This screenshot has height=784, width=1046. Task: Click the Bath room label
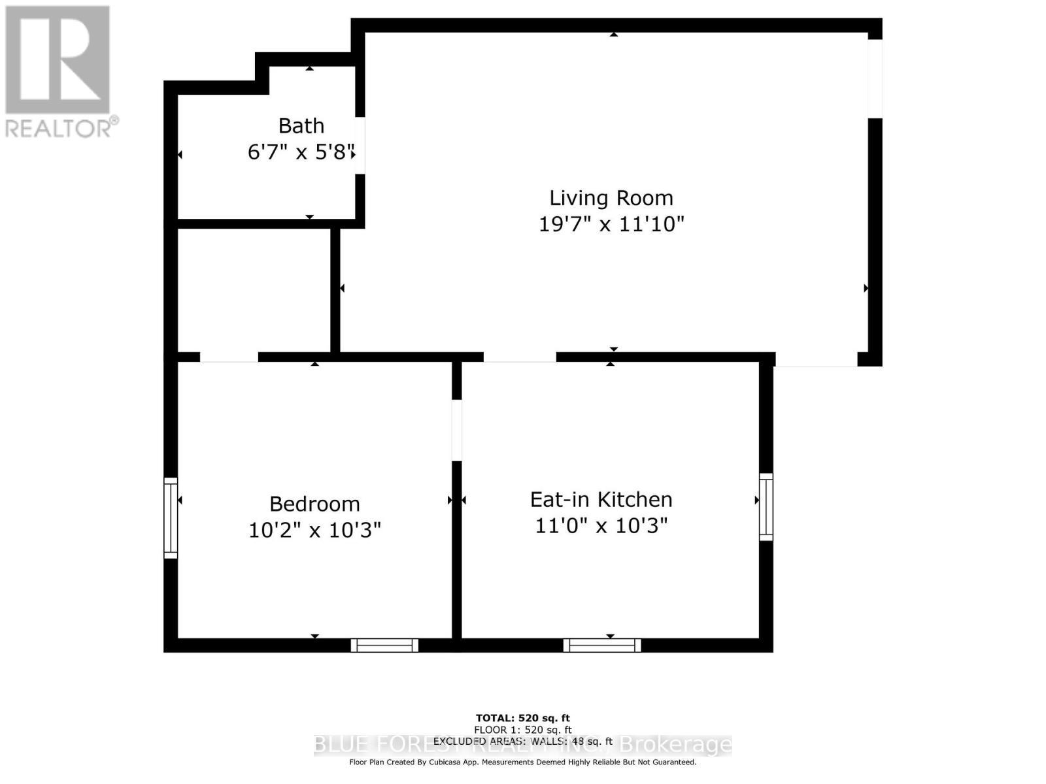click(x=301, y=125)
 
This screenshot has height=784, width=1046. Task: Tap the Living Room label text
click(x=611, y=198)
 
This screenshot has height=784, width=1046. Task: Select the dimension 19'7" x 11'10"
click(x=611, y=224)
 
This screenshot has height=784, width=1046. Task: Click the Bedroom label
click(x=314, y=504)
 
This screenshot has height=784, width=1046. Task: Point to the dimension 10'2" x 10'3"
click(x=314, y=530)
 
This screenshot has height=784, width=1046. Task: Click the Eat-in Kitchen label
click(x=601, y=500)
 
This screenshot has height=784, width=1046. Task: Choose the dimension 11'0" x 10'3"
click(x=601, y=525)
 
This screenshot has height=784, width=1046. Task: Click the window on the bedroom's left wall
click(x=171, y=518)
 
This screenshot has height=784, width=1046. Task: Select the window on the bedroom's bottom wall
click(x=384, y=645)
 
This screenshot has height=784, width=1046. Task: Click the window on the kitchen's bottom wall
click(x=602, y=645)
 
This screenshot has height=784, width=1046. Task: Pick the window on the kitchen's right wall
click(x=766, y=507)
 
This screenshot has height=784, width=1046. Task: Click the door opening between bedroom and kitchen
click(x=457, y=430)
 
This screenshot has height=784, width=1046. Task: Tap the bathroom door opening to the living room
click(x=360, y=145)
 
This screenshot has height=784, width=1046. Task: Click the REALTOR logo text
click(x=62, y=127)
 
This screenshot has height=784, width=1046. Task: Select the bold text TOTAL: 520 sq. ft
click(x=522, y=718)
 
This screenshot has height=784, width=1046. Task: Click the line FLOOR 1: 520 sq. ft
click(x=522, y=730)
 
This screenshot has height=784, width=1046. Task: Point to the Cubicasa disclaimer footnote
click(x=522, y=762)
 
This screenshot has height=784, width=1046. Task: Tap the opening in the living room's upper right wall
click(x=875, y=78)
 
